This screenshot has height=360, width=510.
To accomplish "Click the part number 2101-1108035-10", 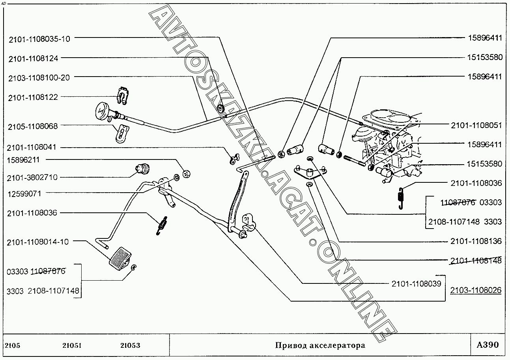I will pos(38,39).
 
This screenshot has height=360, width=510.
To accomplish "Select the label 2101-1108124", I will pos(33,58).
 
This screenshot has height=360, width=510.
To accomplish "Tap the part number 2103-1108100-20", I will pos(38,78).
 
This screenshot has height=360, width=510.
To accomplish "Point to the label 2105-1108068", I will pos(33,127).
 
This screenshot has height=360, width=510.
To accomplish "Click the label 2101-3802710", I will pos(32,178).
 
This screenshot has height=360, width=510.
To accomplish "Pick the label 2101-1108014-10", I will pos(37,242).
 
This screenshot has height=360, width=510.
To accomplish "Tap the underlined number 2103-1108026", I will pos(476,290).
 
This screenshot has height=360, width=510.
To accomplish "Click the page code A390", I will pos(488,345).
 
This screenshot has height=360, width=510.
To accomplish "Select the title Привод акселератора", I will pos(320,345).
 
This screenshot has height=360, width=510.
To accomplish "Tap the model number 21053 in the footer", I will pos(130,345).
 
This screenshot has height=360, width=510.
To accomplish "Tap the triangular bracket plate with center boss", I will pos(310,172).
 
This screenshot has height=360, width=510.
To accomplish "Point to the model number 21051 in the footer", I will pos(72,345).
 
